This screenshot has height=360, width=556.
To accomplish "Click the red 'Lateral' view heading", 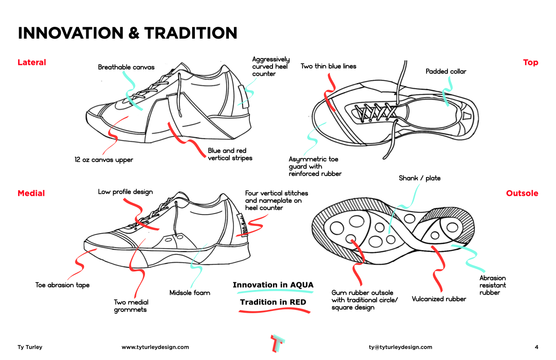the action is tap(32, 62).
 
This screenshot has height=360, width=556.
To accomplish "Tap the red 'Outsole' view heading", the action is tap(522, 193).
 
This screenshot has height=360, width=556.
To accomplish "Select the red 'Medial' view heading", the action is tap(31, 193).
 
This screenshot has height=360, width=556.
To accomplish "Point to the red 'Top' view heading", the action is tap(531, 62).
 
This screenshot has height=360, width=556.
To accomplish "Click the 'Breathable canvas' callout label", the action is tap(126, 67).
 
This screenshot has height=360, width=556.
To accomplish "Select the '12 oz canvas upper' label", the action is tap(104, 160).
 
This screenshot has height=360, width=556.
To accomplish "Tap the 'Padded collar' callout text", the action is tap(446, 71).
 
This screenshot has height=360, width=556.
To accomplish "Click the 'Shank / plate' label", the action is tap(419, 178).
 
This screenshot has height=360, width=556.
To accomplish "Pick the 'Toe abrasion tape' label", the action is tap(62, 285).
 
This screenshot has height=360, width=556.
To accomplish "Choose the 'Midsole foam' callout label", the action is tap(189, 293).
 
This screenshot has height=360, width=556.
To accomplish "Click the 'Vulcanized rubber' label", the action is tap(439, 299).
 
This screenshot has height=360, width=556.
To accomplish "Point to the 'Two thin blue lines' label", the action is tap(328, 66).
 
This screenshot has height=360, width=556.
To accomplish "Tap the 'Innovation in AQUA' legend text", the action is tap(273, 285).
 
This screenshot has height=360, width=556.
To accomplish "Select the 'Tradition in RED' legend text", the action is tap(273, 302).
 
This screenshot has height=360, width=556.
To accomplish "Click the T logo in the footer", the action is tap(278, 344).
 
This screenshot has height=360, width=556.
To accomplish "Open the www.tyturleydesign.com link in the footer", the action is tap(155, 347).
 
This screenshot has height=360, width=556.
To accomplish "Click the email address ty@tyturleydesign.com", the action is tap(400, 347).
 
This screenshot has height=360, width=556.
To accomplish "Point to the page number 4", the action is tap(536, 347).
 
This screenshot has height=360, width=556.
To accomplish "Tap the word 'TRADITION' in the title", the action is tap(191, 33).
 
